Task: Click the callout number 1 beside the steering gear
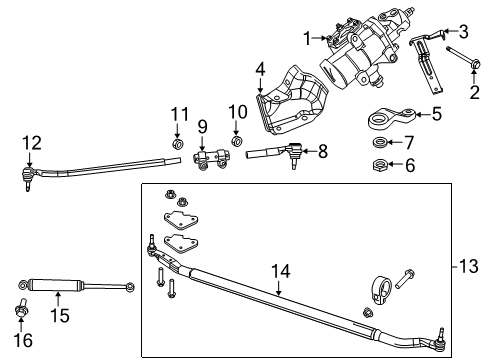(x=308, y=38)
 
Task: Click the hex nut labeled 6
(x=381, y=164)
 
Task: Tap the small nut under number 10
(x=238, y=142)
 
